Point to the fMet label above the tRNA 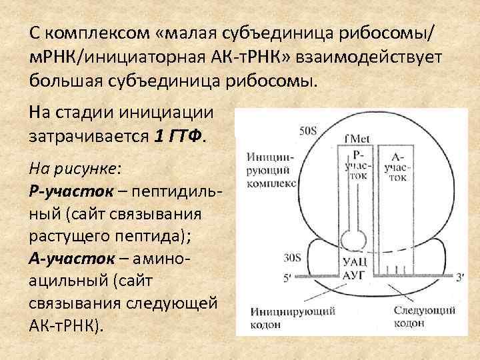(x=354, y=139)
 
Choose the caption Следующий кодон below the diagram (x=425, y=317)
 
